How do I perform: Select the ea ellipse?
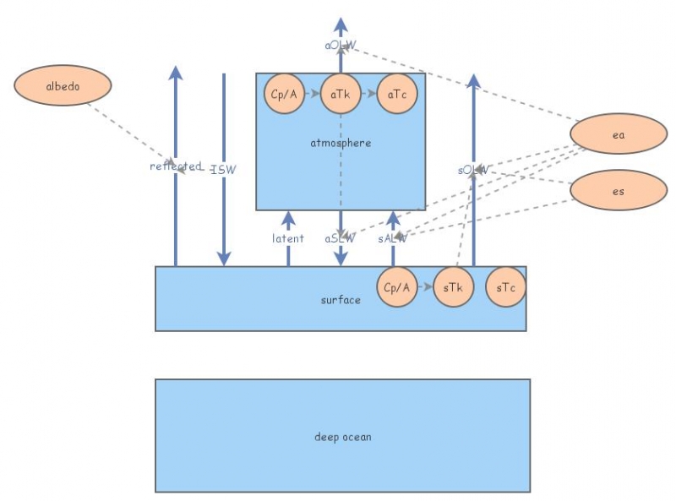[x=619, y=135]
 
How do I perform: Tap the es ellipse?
[x=619, y=191]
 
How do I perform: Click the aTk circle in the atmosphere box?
[x=341, y=95]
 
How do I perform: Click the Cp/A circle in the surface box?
[x=396, y=287]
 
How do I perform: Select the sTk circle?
[x=453, y=287]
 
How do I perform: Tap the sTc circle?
[x=505, y=287]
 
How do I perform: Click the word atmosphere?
[x=341, y=143]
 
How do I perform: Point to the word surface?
[x=341, y=300]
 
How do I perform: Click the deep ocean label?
[x=342, y=437]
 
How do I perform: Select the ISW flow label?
[x=224, y=169]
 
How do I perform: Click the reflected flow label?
[x=176, y=166]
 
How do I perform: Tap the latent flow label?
[x=288, y=238]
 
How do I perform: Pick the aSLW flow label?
[x=341, y=238]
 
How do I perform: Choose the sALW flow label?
[x=393, y=238]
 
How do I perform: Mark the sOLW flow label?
[x=473, y=170]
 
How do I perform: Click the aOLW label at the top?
[x=341, y=44]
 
